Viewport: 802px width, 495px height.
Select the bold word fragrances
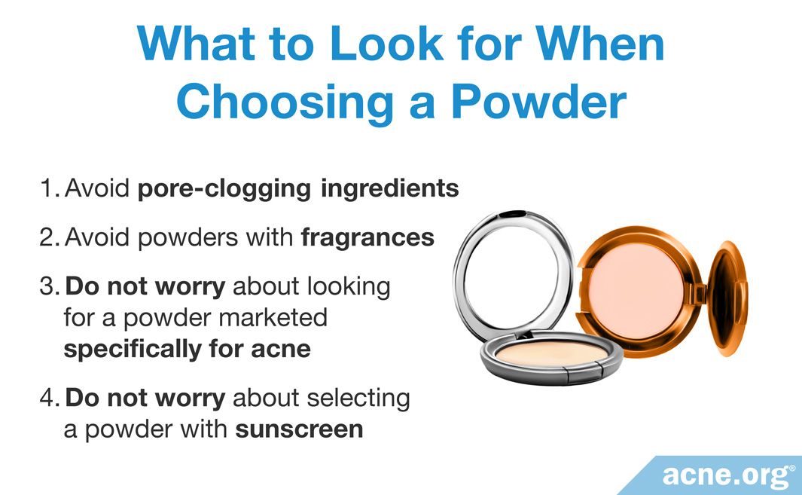(x=367, y=237)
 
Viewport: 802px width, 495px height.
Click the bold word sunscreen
(x=300, y=429)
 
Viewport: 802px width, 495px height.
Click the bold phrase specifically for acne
(x=187, y=350)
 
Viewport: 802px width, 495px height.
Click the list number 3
(x=49, y=286)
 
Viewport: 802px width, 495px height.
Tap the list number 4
(x=49, y=398)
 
